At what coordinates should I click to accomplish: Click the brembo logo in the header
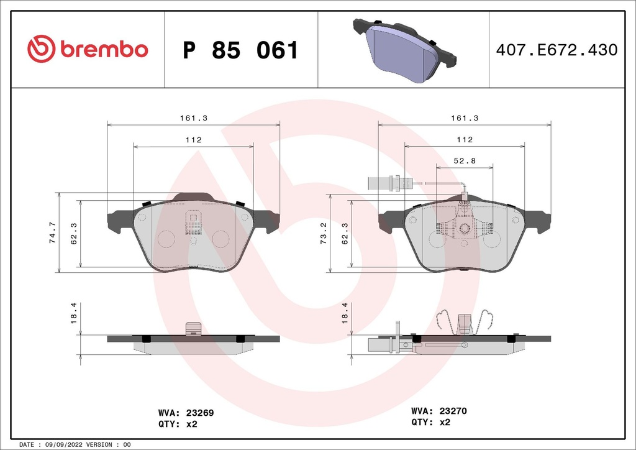click(88, 49)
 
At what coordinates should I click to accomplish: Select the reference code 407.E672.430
click(556, 50)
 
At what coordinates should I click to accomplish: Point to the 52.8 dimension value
click(464, 160)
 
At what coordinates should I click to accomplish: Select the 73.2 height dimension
click(323, 232)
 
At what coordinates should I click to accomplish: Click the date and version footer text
click(75, 445)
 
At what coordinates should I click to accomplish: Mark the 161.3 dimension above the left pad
click(193, 117)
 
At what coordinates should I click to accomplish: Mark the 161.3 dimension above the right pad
click(464, 117)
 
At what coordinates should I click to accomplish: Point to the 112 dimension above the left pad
click(193, 140)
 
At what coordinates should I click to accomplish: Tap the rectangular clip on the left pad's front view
click(193, 221)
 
